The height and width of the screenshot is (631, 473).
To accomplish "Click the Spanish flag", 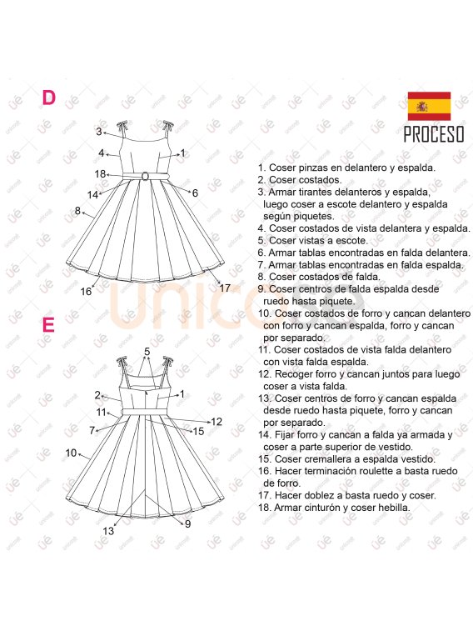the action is point(429,106).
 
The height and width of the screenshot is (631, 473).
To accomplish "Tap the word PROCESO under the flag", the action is point(434,134).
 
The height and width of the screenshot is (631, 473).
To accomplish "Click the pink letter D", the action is point(48,98).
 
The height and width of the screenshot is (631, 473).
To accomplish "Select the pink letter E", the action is point(48,325).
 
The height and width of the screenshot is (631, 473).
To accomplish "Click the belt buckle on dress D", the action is point(145,176).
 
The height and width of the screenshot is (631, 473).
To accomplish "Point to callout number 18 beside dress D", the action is point(100,174).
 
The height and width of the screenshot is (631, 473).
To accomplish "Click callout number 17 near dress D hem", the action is point(225,288).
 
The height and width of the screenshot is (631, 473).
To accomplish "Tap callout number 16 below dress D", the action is point(86,292).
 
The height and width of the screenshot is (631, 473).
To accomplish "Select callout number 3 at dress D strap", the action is point(99,132).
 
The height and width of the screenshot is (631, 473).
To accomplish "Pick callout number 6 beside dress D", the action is point(195,193).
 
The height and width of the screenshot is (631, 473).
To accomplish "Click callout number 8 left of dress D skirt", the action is point(77,210).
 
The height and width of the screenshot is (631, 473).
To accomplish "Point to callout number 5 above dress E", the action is point(147,352).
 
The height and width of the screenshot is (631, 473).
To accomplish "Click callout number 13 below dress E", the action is point(108,531).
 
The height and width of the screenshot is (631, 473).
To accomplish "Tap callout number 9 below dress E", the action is point(187,524).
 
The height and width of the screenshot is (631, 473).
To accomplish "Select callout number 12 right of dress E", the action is point(217,422).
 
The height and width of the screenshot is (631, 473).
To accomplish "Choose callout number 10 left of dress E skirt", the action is point(71,453).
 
